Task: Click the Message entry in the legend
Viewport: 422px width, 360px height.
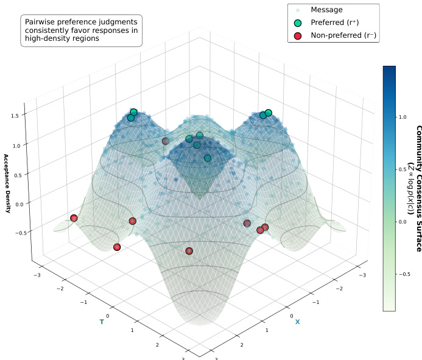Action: (326, 10)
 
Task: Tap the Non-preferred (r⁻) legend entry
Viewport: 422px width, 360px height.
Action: (343, 35)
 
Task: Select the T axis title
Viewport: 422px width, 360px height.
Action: (102, 321)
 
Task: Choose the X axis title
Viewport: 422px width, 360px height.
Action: (297, 322)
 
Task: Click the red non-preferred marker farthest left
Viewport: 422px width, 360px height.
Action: (74, 218)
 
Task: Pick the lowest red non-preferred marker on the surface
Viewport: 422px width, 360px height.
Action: (189, 251)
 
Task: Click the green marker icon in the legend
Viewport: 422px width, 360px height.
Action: (298, 23)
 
